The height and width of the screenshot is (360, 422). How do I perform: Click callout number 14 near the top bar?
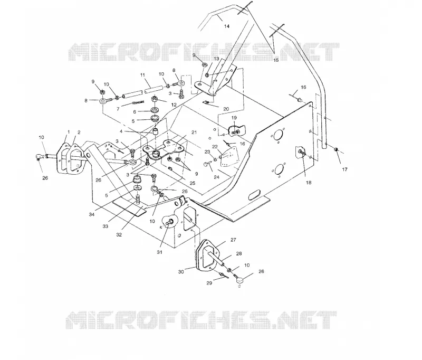coord(227,26)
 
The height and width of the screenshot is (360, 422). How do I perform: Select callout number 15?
coord(276,60)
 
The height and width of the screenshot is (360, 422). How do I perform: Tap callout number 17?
coord(344,169)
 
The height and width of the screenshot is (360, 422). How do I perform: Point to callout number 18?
coord(309,182)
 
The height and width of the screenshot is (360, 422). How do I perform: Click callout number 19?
coord(234,118)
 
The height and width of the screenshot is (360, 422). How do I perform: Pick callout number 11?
coord(142,75)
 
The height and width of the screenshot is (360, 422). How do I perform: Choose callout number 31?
coord(160,252)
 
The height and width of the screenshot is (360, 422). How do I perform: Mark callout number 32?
coord(119,234)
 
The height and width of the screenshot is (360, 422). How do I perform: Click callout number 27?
coord(233,240)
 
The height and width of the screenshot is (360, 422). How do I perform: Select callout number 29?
coord(209,283)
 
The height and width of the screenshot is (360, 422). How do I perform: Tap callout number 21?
coord(194,132)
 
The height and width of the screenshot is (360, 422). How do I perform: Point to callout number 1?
coord(69,132)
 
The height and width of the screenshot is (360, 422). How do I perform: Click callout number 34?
coord(92,214)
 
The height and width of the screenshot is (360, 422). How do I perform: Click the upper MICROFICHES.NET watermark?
coord(204,52)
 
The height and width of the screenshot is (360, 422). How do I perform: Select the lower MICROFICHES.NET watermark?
coord(201,320)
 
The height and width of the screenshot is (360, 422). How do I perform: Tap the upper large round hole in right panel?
coord(278,135)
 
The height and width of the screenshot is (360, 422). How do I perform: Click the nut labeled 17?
coord(336,149)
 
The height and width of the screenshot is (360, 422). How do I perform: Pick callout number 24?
coord(216,177)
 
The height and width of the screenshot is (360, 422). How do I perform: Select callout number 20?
coord(226,109)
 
